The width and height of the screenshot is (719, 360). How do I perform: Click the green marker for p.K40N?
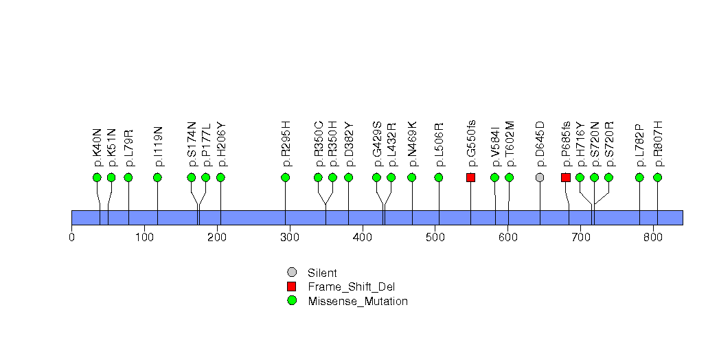tap(97, 177)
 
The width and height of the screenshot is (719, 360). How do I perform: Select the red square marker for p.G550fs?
tap(470, 177)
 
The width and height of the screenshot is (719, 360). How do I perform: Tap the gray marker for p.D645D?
tap(540, 177)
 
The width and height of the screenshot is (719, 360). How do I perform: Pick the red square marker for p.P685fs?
tap(565, 177)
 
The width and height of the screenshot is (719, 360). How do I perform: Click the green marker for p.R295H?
tap(285, 177)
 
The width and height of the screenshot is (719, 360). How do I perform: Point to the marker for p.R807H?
tap(657, 177)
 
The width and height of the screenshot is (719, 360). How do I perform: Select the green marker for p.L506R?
tap(439, 177)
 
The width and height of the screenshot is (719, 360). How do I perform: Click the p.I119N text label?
tap(158, 146)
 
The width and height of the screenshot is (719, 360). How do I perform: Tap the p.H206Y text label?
tap(220, 144)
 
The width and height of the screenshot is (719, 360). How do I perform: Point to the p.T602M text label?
tap(510, 144)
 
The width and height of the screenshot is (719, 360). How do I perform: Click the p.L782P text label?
tap(639, 146)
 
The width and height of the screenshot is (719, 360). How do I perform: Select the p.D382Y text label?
tap(348, 144)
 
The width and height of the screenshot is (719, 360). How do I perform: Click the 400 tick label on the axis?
tap(362, 238)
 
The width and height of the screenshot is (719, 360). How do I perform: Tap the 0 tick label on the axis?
tap(71, 238)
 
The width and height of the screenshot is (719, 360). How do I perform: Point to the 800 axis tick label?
tap(652, 238)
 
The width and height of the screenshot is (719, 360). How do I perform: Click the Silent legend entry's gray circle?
tap(292, 273)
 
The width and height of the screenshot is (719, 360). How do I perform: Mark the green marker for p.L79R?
tap(128, 177)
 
